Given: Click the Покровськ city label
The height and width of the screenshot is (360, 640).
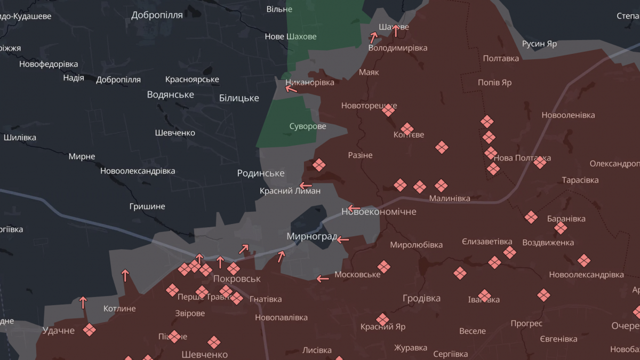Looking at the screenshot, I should pyautogui.click(x=237, y=279).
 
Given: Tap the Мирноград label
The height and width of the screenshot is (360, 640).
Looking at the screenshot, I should pyautogui.click(x=311, y=236).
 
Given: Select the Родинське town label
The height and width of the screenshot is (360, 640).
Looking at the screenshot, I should pyautogui.click(x=261, y=173).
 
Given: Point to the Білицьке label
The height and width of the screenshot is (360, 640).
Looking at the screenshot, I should pyautogui.click(x=239, y=98).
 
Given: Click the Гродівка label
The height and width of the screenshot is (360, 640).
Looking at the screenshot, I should pyautogui.click(x=421, y=298).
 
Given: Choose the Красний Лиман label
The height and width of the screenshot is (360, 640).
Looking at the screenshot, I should pyautogui.click(x=290, y=191).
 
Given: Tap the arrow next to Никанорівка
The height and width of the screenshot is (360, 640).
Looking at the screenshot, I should pyautogui.click(x=291, y=89).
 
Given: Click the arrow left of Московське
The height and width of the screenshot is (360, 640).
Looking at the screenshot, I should pyautogui.click(x=323, y=278).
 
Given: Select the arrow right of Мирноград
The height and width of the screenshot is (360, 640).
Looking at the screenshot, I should pyautogui.click(x=343, y=240).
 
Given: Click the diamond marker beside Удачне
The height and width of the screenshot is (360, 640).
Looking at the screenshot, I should pyautogui.click(x=89, y=330).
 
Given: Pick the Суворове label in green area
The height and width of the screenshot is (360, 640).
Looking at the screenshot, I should pyautogui.click(x=308, y=126).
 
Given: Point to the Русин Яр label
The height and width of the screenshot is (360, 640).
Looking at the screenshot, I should pyautogui.click(x=539, y=44).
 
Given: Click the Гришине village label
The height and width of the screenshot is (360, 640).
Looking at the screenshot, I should pyautogui.click(x=147, y=206).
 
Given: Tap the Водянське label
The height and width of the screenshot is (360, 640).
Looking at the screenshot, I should pyautogui.click(x=170, y=94).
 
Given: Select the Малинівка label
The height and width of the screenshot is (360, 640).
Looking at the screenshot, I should pyautogui.click(x=450, y=198).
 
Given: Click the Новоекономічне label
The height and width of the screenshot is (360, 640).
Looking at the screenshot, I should pyautogui.click(x=379, y=212).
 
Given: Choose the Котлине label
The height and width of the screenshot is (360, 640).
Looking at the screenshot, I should pyautogui.click(x=119, y=308).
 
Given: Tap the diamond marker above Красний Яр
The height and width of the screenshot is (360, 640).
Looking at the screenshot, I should pyautogui.click(x=382, y=319).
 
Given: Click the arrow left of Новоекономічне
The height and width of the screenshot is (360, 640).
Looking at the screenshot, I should pyautogui.click(x=354, y=208).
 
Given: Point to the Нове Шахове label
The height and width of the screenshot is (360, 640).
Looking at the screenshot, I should pyautogui.click(x=291, y=37).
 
